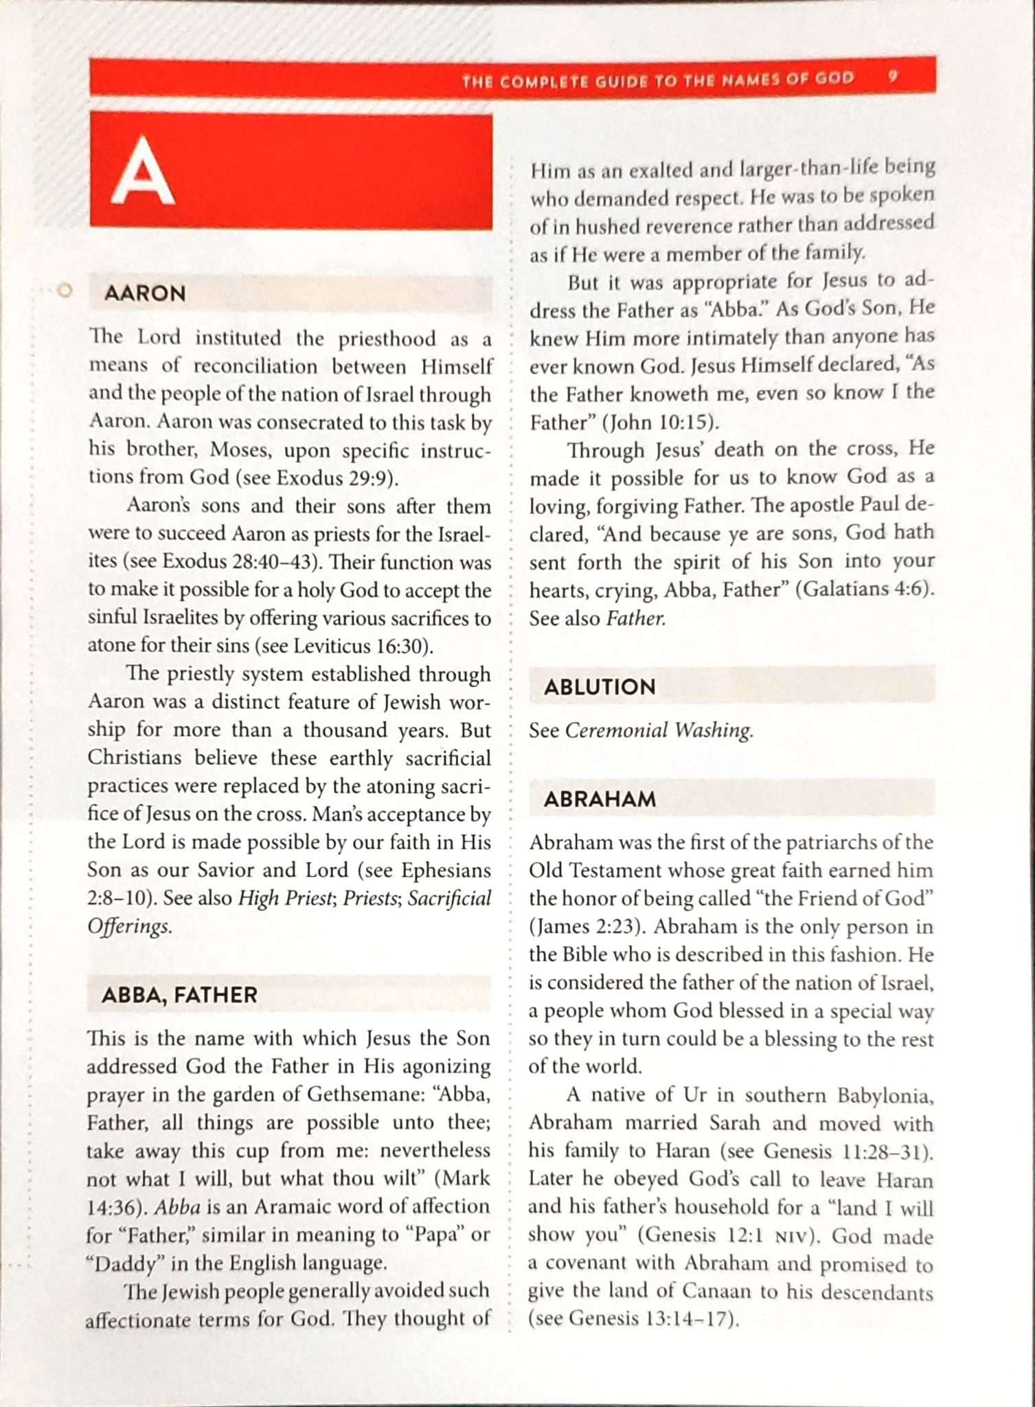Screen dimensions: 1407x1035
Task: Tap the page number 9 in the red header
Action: click(892, 77)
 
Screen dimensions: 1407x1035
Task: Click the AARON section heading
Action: click(145, 293)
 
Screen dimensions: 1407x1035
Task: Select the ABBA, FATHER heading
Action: click(179, 994)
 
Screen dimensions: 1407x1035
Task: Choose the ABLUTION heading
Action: click(600, 686)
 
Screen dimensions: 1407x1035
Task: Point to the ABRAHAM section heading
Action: click(600, 799)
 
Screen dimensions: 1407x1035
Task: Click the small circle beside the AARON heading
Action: click(65, 291)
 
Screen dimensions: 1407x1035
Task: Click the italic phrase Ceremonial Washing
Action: click(658, 730)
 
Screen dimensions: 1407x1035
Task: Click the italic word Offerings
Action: click(128, 926)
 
